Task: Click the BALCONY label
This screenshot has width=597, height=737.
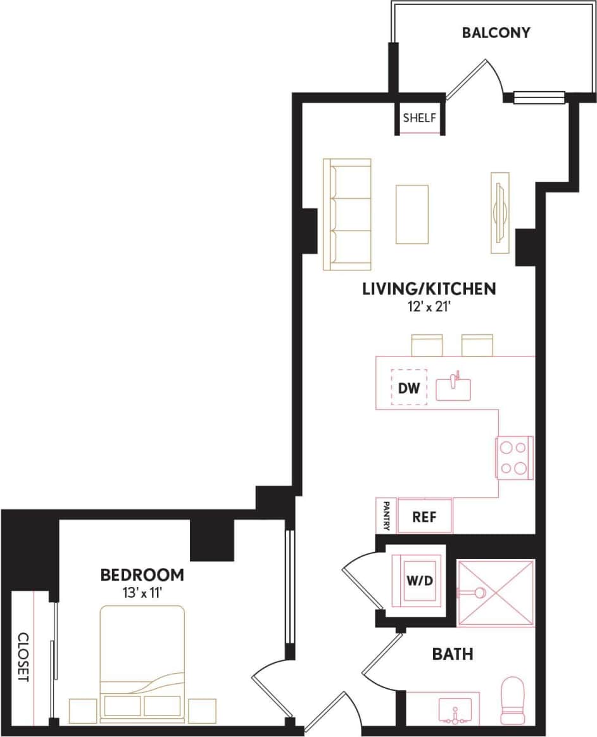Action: tap(496, 33)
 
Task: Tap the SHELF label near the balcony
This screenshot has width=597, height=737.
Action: tap(418, 118)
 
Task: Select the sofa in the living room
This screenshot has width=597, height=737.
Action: tap(347, 215)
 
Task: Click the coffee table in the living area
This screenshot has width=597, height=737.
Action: tap(412, 214)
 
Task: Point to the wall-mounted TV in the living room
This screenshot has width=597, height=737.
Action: tap(500, 213)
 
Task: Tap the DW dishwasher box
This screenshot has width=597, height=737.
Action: tap(409, 387)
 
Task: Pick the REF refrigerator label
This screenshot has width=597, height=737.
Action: tap(424, 516)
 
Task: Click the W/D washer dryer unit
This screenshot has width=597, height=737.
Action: tap(419, 581)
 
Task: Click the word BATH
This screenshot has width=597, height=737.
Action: tap(453, 653)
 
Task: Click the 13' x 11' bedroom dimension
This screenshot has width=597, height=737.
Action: tap(142, 594)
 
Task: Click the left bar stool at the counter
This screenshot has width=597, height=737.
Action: tap(427, 346)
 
